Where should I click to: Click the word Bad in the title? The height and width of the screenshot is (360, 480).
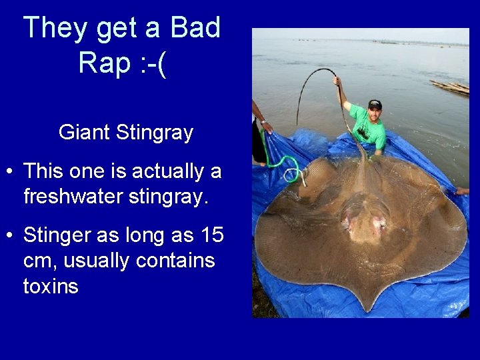click(195, 28)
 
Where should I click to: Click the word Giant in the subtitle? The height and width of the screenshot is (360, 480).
click(85, 133)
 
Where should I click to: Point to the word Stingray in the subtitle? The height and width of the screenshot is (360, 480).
click(154, 133)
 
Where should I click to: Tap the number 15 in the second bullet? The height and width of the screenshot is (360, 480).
click(211, 235)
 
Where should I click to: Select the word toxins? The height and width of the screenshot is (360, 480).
click(51, 287)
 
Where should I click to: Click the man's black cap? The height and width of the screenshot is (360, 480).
click(375, 104)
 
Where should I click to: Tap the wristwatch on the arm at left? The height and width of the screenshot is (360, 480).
click(264, 122)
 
